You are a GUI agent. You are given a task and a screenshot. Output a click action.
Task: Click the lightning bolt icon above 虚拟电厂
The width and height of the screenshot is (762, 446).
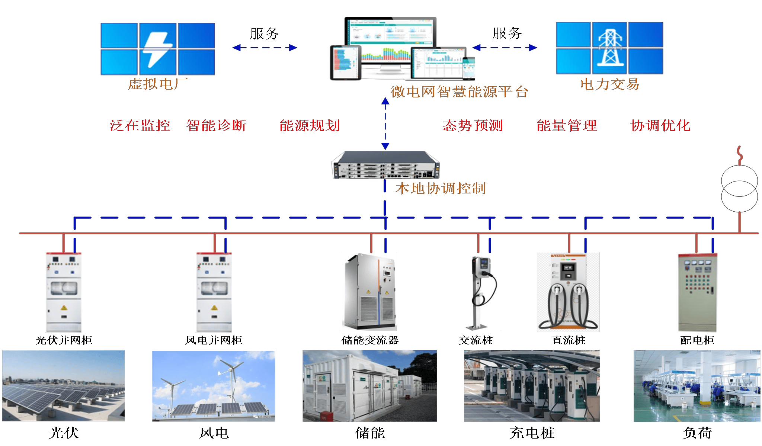[x=158, y=49]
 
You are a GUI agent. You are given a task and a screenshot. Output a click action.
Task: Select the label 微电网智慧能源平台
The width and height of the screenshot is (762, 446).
[x=459, y=92]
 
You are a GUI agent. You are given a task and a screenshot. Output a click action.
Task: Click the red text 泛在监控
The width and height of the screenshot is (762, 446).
[x=140, y=125]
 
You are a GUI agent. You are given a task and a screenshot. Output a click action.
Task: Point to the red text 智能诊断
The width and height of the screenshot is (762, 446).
[x=216, y=125]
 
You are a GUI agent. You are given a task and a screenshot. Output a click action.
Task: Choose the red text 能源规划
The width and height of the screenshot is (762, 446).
[x=310, y=125]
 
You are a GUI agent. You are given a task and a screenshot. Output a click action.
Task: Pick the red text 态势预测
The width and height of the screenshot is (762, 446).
[x=473, y=125]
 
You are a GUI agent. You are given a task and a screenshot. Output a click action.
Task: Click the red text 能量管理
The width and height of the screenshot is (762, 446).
[x=567, y=125]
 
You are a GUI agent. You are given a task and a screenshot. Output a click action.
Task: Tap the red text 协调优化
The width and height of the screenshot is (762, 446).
[x=660, y=125]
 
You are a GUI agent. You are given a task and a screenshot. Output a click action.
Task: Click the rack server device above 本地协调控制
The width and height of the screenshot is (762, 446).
[x=385, y=165]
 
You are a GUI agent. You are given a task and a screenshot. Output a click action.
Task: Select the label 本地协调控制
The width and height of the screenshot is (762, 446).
[x=441, y=188]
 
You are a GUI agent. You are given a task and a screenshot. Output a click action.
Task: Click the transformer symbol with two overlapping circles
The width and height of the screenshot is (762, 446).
[x=739, y=189]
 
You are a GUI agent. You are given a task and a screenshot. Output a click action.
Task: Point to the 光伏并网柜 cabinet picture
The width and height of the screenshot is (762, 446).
[x=64, y=292]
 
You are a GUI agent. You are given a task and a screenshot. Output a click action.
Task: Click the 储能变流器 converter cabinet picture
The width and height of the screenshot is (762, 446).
[x=369, y=292]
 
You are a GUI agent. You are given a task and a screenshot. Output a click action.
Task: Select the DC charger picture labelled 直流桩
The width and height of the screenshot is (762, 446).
[x=568, y=292]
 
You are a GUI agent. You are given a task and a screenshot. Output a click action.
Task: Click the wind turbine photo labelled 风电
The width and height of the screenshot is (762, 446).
[x=214, y=386]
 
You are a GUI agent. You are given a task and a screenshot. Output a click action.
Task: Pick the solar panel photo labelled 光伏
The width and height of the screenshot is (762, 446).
[x=63, y=386]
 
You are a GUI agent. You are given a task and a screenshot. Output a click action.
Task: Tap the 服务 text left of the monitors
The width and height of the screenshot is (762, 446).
[x=264, y=33]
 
